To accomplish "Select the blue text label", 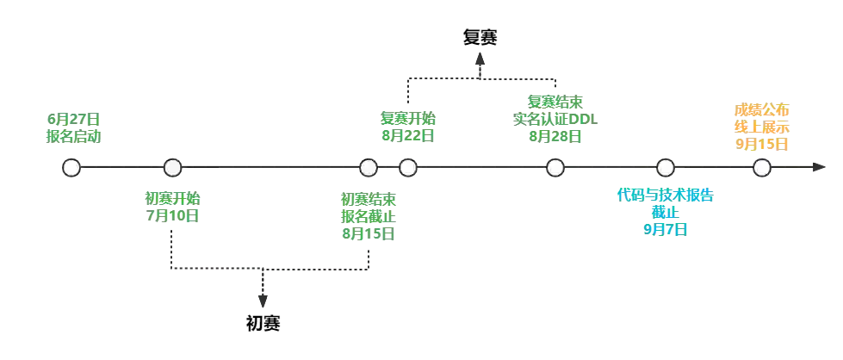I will coord(665,212).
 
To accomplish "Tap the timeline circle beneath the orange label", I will coord(761,168).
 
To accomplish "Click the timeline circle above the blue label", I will coord(664,168).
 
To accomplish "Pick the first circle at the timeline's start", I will coord(72,168).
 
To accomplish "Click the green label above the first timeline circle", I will coord(73,127).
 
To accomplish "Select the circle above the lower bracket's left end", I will coord(173,168).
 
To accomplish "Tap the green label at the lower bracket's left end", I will coord(173,208).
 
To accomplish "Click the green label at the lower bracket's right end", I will coord(369,216).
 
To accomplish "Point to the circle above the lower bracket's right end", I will coord(369,168).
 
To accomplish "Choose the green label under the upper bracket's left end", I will coord(409,127).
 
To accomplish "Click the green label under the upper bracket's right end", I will coord(555,118).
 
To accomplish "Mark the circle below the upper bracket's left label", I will coord(409,168).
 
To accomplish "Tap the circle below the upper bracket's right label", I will coord(555,168).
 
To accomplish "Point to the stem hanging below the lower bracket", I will coord(263,293).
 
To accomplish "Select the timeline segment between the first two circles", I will coord(122,168).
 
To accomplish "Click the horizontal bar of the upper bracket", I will coord(482,78).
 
